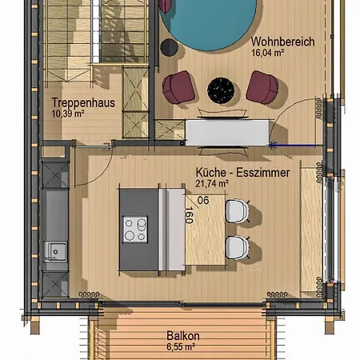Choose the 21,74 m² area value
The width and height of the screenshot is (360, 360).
click(213, 183)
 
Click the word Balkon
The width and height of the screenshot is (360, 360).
click(183, 337)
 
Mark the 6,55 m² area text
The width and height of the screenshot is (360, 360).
click(183, 348)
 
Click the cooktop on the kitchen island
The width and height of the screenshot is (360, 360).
click(134, 230)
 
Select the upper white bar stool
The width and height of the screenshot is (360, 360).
click(238, 211)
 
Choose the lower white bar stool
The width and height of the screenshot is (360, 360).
click(238, 248)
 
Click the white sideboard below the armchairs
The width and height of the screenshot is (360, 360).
click(228, 131)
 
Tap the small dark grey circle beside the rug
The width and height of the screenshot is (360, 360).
click(169, 47)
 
